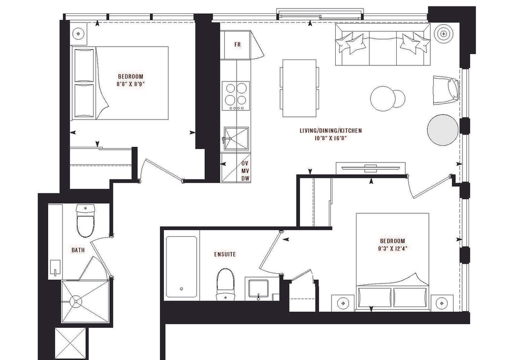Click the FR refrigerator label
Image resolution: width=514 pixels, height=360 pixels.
coord(238,44)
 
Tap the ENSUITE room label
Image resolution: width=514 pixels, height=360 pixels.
coord(225,254)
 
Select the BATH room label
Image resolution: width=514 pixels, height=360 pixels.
coord(78,250)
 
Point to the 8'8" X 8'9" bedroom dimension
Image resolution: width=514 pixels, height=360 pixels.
coord(131,84)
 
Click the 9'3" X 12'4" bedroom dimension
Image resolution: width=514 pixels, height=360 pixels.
coord(392,248)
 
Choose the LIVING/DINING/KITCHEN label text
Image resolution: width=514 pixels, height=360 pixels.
coord(331,131)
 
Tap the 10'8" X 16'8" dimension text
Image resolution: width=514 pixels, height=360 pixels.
coord(331,138)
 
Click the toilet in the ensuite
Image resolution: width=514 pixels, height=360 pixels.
coord(225,284)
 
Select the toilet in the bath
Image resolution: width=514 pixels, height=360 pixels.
coord(85,220)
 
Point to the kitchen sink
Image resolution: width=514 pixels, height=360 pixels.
coord(236,139)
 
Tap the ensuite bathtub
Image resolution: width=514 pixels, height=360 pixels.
coord(182,267)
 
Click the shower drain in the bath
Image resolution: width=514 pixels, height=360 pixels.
coord(76,301)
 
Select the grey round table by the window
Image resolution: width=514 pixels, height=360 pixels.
coord(443,130)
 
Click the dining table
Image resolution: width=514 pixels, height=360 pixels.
coord(300,88)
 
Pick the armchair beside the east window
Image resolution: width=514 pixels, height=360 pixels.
coord(446,90)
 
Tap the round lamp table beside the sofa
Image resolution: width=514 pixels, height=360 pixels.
coord(444,33)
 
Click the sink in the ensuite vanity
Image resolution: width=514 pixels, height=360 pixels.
coord(258,288)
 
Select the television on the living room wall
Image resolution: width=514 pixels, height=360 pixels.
coord(371,168)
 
